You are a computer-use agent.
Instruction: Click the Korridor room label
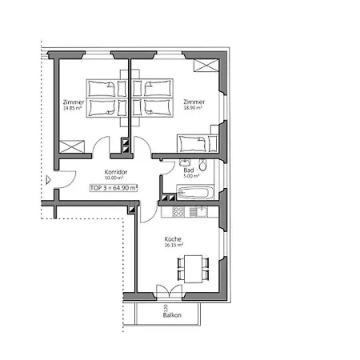pos(116,171)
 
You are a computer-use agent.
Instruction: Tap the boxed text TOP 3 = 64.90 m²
pos(114,187)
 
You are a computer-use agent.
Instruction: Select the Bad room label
pos(188,171)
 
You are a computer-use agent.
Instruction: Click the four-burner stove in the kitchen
pos(178,211)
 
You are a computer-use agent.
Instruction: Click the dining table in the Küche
pos(193,266)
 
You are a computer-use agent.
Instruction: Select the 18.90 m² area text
pos(192,108)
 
